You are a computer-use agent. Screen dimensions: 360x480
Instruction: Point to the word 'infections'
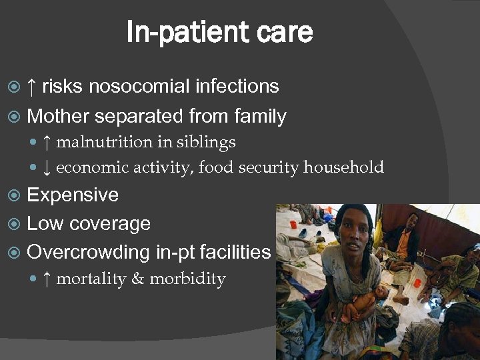pyautogui.click(x=237, y=86)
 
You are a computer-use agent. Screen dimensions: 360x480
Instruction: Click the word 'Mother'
pyautogui.click(x=58, y=117)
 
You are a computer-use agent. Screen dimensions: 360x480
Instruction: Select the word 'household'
pyautogui.click(x=343, y=167)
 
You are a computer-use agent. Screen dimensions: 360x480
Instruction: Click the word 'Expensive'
pyautogui.click(x=73, y=195)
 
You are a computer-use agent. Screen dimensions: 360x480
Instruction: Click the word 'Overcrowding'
pyautogui.click(x=89, y=252)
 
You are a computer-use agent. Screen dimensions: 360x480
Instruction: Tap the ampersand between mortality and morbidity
pyautogui.click(x=138, y=279)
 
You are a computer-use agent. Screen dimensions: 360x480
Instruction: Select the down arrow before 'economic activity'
pyautogui.click(x=46, y=167)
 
